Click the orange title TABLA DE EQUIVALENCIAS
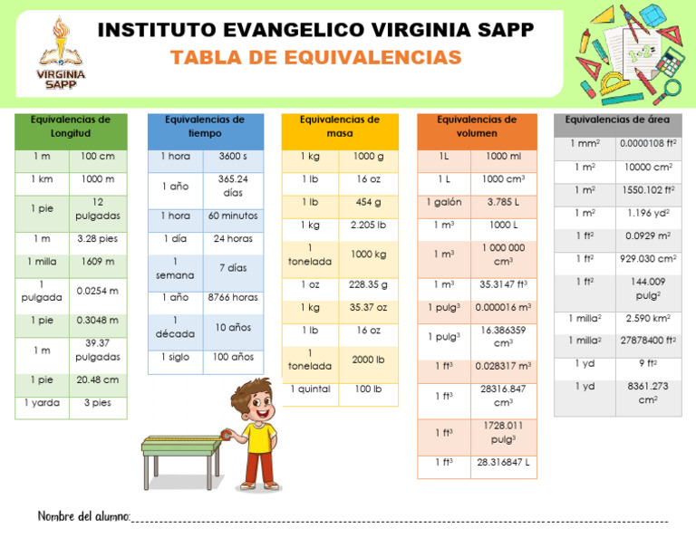pos(315,59)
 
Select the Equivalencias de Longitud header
pos(71,127)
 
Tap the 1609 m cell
pos(97,262)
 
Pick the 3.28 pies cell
pos(97,239)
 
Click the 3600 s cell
pos(232,157)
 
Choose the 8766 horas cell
pos(232,297)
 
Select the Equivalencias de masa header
pos(339,127)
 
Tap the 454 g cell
pos(368,202)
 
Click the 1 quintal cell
pos(310,389)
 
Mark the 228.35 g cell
pos(368,284)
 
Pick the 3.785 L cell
pos(503,202)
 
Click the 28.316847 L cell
pos(503,462)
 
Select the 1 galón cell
pos(445,202)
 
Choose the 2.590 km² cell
pos(648,319)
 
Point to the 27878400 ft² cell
pos(648,341)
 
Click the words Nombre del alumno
pos(83,516)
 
